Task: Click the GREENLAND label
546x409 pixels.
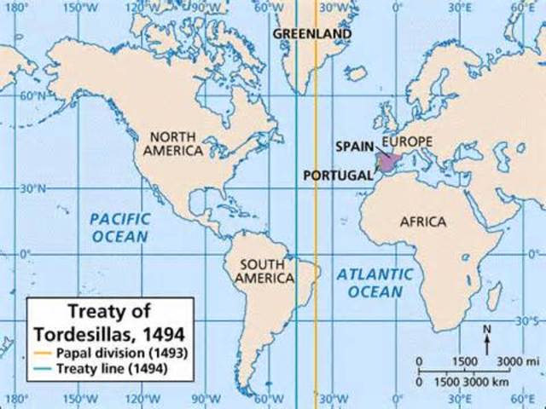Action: pyautogui.click(x=312, y=33)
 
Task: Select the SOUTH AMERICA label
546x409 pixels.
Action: pyautogui.click(x=264, y=271)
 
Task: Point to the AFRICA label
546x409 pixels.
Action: pyautogui.click(x=423, y=222)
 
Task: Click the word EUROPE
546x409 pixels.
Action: pyautogui.click(x=408, y=141)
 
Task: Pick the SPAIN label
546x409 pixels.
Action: pyautogui.click(x=355, y=147)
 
